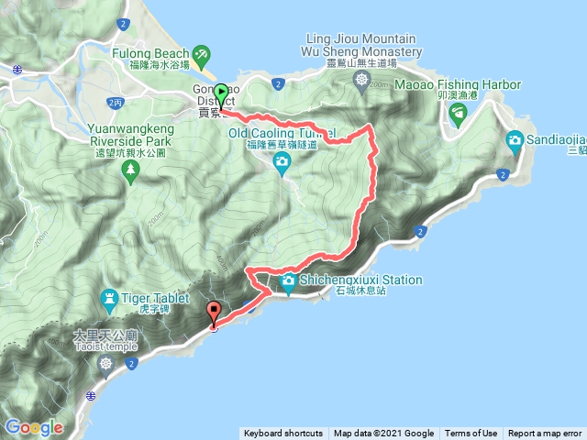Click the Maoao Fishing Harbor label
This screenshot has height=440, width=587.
coord(458,85)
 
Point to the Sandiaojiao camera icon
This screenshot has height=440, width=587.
coord(515,139)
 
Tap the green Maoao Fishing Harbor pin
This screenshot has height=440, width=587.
coord(459,113)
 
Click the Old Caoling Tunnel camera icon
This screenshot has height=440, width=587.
coord(282,163)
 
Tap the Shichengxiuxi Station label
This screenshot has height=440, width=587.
coord(351,280)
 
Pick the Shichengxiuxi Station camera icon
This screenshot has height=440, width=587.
coord(288,281)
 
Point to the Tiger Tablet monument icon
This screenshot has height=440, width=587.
coord(109,299)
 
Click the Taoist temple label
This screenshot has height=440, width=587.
coord(107,337)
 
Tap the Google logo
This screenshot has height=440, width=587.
coord(34,427)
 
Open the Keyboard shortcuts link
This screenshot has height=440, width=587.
coord(282,434)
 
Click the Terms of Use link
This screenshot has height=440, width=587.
coord(471,434)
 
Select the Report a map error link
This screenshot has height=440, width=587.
coord(545,434)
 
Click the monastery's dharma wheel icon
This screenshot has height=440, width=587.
coord(361,81)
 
